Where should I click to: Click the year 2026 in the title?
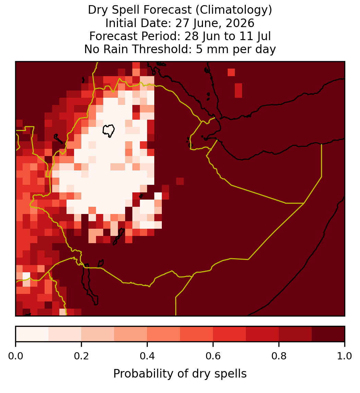coord(240,23)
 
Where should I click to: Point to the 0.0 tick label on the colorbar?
coord(15,356)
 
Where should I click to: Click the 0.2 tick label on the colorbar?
coord(81,356)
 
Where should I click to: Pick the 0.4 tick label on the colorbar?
coord(147,356)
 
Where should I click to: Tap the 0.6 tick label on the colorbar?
coord(213,356)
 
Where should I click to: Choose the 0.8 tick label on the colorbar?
coord(279,356)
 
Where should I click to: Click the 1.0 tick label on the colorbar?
coord(345,356)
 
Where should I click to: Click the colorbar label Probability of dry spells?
coord(180,374)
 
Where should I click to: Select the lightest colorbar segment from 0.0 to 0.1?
coord(32,334)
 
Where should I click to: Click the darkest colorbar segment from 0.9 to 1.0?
coord(328,334)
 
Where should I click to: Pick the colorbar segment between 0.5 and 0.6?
coord(197,334)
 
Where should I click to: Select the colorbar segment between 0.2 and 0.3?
coord(98,334)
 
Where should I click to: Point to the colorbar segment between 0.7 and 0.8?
coord(263,334)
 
